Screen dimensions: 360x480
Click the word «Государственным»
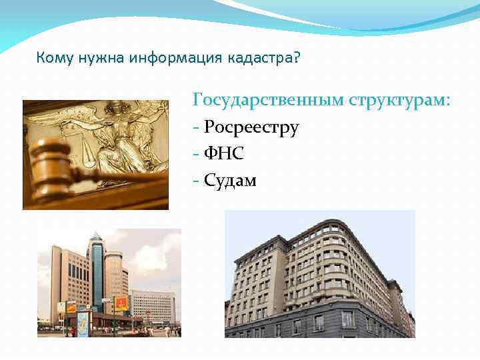[267, 101]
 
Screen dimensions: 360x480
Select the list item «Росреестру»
[251, 127]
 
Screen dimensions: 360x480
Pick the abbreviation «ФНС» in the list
[224, 153]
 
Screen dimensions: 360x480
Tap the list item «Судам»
[230, 180]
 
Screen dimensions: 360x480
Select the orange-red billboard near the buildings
[121, 304]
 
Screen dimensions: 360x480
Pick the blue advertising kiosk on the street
[83, 323]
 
